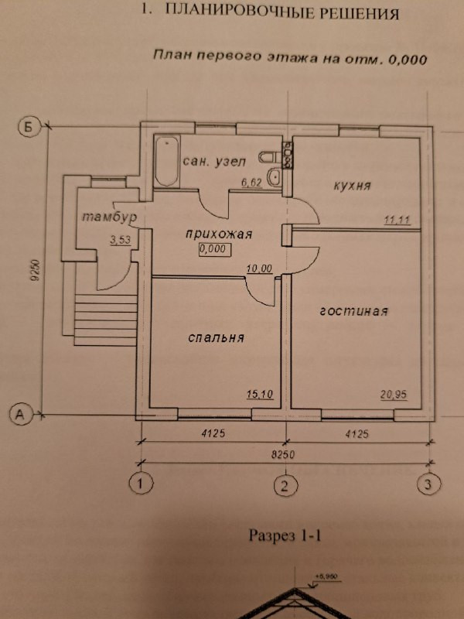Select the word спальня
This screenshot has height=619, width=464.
point(216,337)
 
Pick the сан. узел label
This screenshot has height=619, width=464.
point(213,161)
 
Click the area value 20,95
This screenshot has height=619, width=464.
point(394,394)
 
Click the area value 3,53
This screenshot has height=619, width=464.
point(121,240)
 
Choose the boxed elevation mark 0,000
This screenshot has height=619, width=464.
point(214,249)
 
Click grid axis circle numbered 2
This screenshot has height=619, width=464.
point(285,486)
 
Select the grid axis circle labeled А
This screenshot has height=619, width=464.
point(21,416)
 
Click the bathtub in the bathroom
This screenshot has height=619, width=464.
point(166,162)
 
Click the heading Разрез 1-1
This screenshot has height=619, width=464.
point(284,535)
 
